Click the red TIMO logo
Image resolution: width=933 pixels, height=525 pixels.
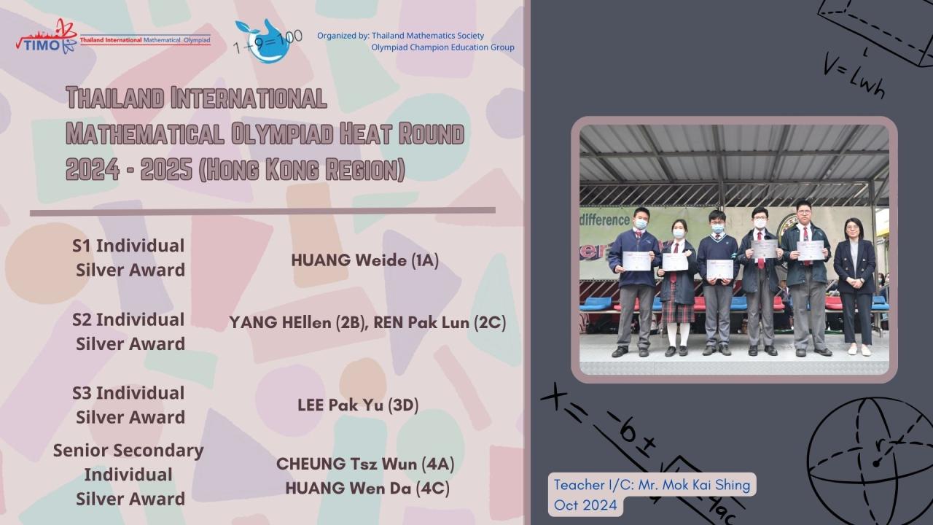coord(47,36)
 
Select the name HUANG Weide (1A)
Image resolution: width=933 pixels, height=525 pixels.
coord(365,260)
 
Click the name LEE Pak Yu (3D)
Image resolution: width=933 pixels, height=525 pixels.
coord(358,405)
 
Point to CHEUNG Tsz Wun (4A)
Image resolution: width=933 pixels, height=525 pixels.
coord(365,464)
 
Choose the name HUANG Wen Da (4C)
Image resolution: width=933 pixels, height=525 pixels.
coord(367,489)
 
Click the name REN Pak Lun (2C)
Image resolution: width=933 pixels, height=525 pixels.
coord(440,322)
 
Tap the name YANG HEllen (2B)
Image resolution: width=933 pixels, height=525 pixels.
coord(297,322)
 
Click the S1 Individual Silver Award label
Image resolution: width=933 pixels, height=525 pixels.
coord(129,257)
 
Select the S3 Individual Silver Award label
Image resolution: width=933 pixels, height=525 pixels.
coord(129,405)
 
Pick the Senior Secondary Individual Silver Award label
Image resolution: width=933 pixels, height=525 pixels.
coord(128,475)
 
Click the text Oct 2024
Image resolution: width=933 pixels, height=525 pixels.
coord(585,505)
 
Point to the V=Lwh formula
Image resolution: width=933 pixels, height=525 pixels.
coord(854,77)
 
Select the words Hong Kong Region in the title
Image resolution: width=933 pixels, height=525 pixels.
coord(302,169)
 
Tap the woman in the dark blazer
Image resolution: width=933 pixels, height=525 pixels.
coord(855,287)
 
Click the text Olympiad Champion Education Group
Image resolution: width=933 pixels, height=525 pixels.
coord(442,47)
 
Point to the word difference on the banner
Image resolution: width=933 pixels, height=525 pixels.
coord(604,219)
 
